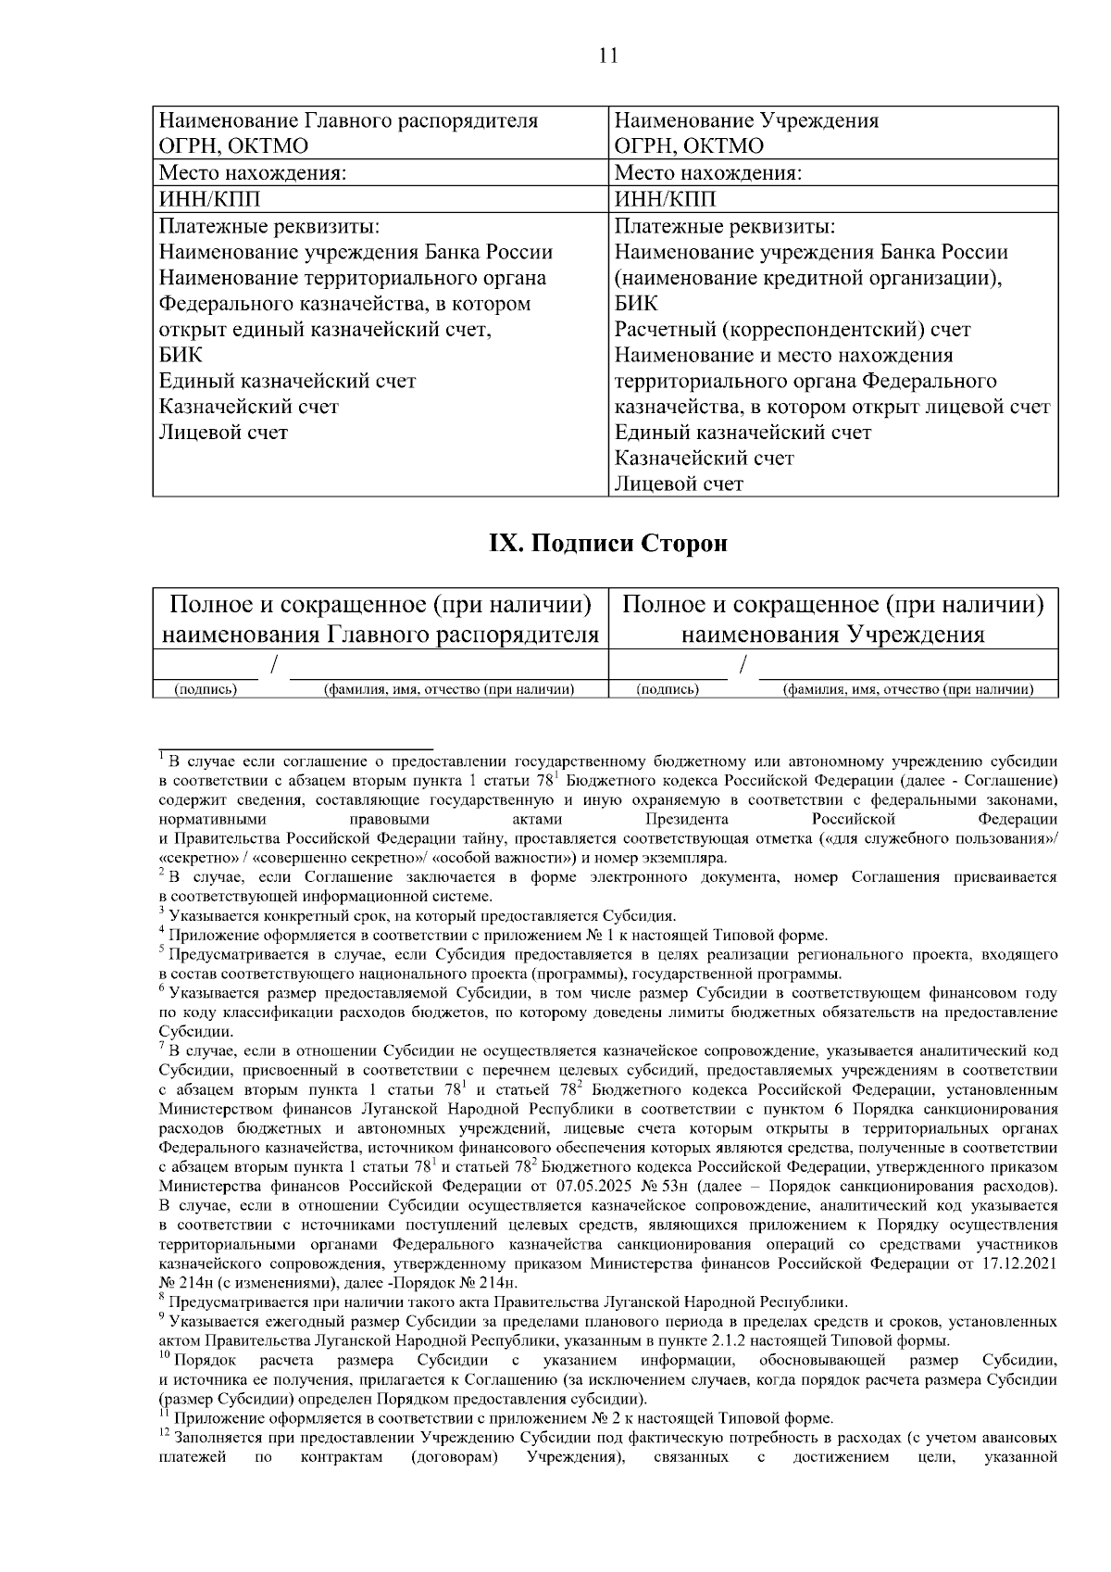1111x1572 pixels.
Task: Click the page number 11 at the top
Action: pos(607,55)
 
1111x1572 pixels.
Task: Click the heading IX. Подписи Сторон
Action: pos(607,544)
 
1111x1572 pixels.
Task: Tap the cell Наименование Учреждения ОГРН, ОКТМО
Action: pos(746,133)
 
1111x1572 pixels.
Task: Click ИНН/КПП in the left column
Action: pos(210,200)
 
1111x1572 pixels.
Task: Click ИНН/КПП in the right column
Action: pos(666,200)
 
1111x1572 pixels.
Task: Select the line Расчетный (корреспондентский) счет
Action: pos(793,330)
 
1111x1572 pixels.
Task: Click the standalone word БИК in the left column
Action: pos(181,355)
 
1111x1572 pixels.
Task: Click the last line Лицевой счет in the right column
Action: pos(679,484)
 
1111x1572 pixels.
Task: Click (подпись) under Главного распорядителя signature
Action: pos(206,688)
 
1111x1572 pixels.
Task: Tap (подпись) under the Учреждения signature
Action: pos(668,688)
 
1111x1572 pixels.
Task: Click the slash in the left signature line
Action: pos(274,665)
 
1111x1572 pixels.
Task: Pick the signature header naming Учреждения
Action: pos(833,620)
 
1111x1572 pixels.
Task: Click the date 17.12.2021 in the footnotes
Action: pos(1017,1264)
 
